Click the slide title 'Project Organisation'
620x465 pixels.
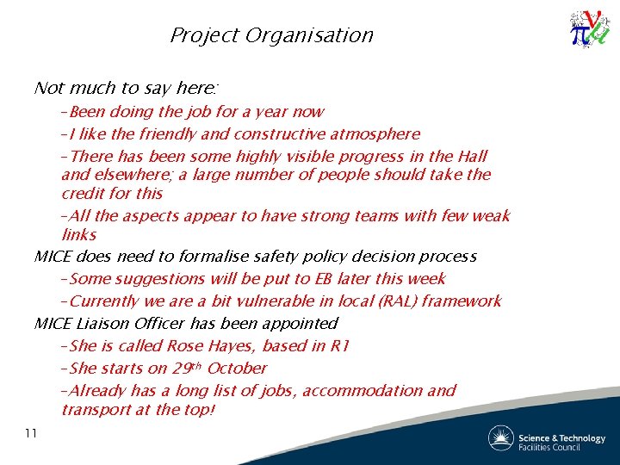point(271,35)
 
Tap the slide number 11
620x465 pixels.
point(31,433)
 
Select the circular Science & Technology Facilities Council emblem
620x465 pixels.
point(500,438)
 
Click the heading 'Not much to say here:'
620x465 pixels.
point(127,88)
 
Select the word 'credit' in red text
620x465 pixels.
point(84,193)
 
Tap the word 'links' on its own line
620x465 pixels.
point(78,234)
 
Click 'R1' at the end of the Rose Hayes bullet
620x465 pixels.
point(338,345)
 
